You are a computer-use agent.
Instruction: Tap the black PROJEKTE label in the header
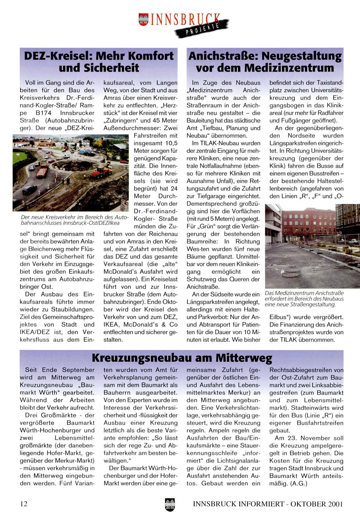pyautogui.click(x=203, y=29)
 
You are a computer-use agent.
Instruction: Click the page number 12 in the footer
pyautogui.click(x=24, y=504)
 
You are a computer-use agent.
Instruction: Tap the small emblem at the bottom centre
pyautogui.click(x=170, y=505)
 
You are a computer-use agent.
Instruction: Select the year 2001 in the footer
pyautogui.click(x=335, y=504)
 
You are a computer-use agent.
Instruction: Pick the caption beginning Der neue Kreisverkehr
pyautogui.click(x=75, y=220)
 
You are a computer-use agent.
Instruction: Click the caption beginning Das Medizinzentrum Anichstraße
pyautogui.click(x=304, y=299)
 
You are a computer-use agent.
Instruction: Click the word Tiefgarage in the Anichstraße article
pyautogui.click(x=208, y=196)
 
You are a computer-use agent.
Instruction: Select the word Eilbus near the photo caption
pyautogui.click(x=278, y=317)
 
